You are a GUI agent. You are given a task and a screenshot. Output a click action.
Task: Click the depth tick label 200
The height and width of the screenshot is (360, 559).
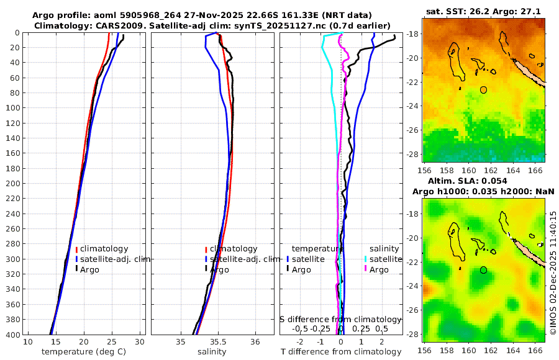click(13, 183)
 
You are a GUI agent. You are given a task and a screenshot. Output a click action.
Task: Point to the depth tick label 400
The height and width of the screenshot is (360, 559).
click(13, 335)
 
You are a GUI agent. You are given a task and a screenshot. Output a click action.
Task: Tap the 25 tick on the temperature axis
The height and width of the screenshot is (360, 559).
click(112, 342)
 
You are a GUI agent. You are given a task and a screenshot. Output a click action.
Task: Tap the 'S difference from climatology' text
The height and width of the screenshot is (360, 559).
click(340, 319)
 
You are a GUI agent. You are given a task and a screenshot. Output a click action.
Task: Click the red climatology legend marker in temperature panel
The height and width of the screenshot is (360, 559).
click(76, 249)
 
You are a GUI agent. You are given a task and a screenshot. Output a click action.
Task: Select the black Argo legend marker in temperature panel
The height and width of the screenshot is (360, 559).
click(76, 269)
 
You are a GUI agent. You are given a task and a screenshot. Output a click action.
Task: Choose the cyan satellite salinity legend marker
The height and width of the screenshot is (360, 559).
click(366, 259)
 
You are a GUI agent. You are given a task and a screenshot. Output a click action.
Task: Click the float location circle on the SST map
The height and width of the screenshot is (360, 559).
click(483, 90)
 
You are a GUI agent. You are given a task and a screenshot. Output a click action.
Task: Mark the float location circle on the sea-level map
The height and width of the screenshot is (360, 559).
click(483, 270)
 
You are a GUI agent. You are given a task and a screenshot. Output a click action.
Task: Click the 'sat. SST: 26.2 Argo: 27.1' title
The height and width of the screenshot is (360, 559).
click(483, 11)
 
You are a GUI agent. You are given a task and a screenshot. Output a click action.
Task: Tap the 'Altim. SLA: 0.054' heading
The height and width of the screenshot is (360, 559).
click(483, 181)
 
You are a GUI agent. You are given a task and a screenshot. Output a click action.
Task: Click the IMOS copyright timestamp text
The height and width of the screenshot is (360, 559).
click(553, 273)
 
